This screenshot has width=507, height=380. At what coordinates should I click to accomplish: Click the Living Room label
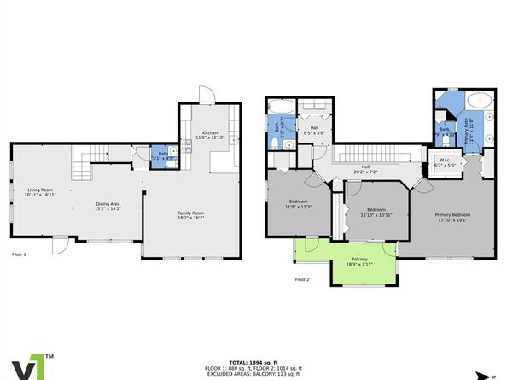pos(41,192)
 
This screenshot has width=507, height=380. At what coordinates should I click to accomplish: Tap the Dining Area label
pos(108,204)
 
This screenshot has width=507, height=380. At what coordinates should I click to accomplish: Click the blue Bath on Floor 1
pos(162,155)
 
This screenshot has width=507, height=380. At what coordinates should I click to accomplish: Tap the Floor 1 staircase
pos(89,155)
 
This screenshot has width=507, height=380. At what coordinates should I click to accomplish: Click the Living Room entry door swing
pos(59,245)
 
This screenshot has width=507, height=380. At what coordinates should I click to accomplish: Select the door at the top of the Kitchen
pos(205,94)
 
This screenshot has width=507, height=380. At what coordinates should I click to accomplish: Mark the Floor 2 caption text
pos(302,279)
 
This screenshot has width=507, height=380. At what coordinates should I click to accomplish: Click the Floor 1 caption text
pos(19,254)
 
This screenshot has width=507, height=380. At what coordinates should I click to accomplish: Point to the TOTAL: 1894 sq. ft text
pos(253,362)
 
